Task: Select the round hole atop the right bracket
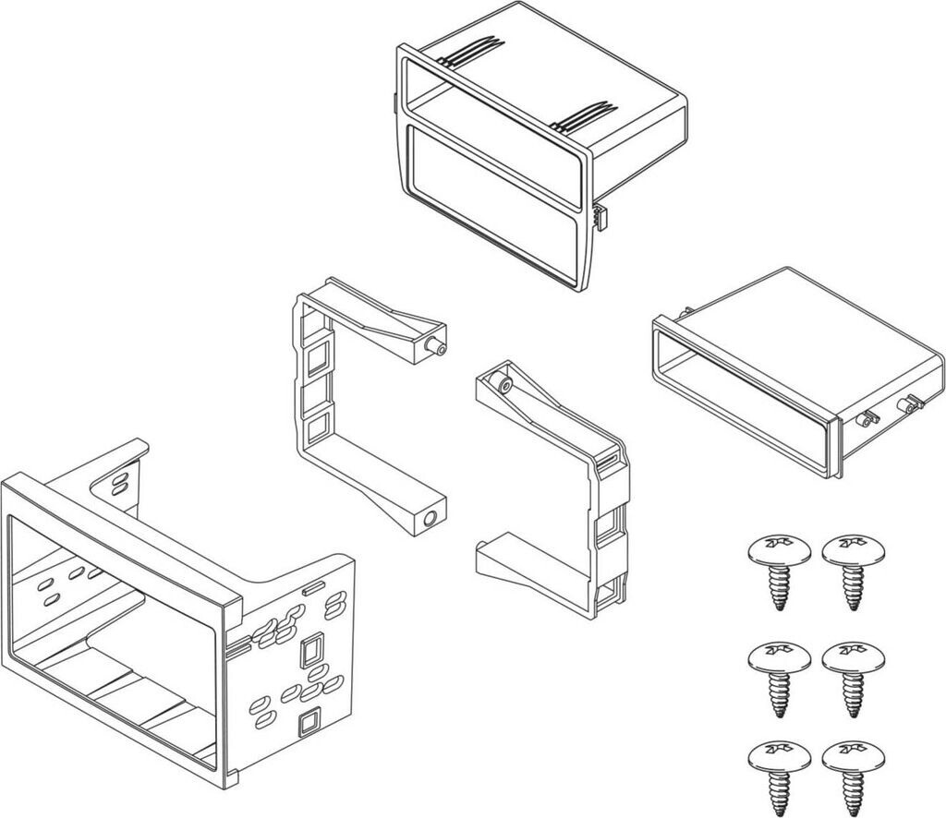[501, 381]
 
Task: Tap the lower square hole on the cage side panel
[309, 720]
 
